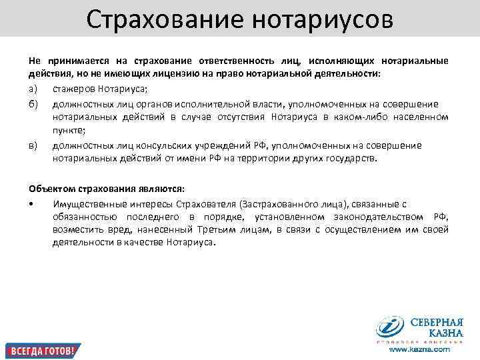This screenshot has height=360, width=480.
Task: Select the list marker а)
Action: point(33,90)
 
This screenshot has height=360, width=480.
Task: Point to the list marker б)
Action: point(33,104)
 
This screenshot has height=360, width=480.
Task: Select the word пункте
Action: point(69,131)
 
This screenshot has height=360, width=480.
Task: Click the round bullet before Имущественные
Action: point(32,203)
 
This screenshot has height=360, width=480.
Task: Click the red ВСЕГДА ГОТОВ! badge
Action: point(41,350)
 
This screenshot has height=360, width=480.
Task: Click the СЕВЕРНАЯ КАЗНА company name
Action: point(436,327)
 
